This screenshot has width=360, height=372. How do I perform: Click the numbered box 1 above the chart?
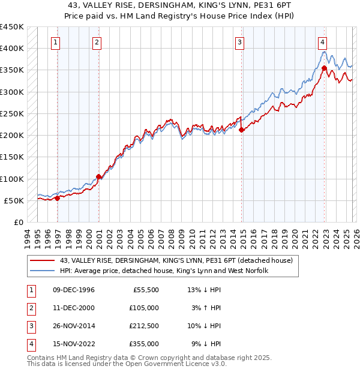[55, 42]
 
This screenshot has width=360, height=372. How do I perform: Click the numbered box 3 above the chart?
[239, 42]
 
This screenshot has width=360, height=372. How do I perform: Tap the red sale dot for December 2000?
[98, 177]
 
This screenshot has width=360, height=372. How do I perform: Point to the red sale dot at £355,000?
[324, 68]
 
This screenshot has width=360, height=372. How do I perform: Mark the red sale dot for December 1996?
[57, 198]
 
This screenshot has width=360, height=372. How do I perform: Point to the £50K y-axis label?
[14, 200]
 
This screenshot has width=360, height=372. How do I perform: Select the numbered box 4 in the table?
[29, 344]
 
